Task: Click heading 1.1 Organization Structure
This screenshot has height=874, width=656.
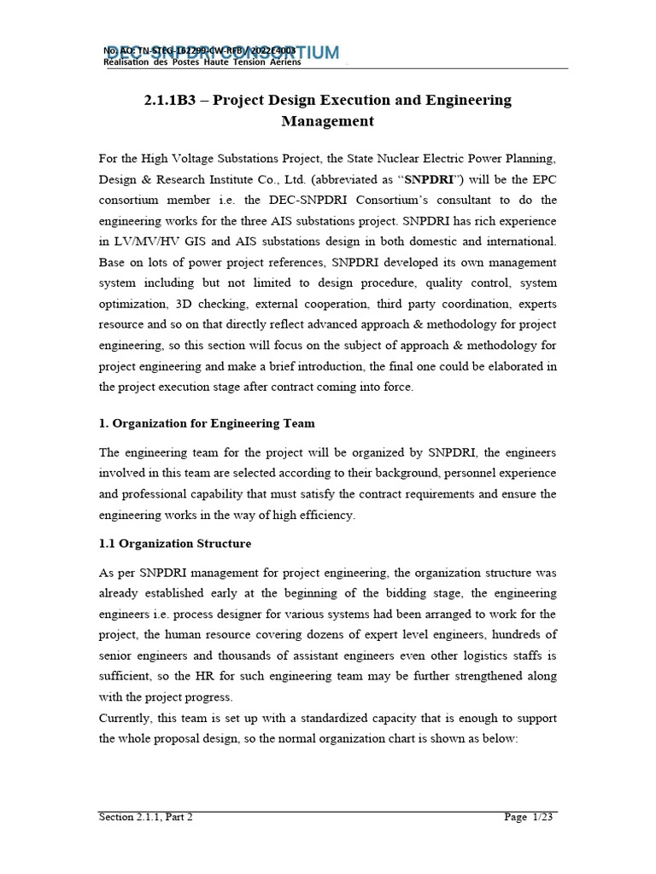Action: click(175, 543)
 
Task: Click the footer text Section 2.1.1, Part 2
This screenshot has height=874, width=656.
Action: click(146, 817)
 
